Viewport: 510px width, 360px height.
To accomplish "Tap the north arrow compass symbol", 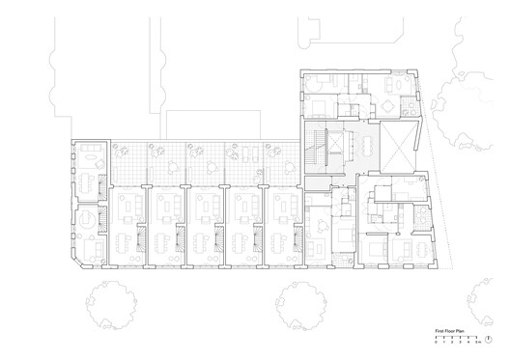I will point(489,337).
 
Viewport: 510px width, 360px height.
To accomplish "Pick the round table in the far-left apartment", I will point(87,219).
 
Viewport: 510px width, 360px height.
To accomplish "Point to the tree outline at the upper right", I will point(464,106).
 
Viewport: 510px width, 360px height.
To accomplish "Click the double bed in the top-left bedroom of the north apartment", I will point(320,97).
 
